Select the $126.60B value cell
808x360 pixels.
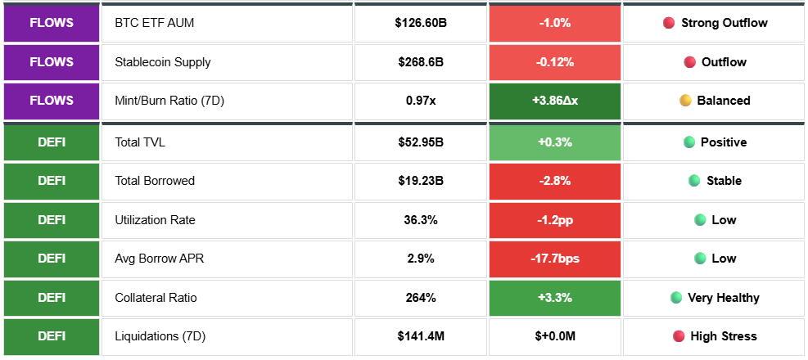tap(421, 23)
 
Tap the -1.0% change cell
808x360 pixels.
tap(555, 23)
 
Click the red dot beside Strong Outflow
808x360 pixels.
tap(669, 23)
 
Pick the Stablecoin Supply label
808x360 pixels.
tap(163, 62)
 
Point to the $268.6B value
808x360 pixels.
tap(421, 62)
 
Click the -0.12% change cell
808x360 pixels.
tap(555, 62)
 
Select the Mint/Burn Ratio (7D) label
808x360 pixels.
tap(169, 101)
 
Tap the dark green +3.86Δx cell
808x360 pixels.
tap(555, 101)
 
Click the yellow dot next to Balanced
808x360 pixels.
tap(685, 101)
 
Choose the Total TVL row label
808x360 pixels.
tap(140, 142)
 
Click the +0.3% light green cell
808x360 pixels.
tap(555, 142)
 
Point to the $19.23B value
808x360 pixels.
tap(421, 181)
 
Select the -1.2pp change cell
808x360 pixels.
tap(555, 220)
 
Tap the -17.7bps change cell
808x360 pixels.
tap(555, 259)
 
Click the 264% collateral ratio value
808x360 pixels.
tap(421, 298)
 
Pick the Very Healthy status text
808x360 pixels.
tap(724, 298)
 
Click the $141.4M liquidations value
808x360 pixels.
tap(421, 336)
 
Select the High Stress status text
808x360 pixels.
tap(724, 336)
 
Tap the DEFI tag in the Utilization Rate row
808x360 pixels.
tap(52, 220)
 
